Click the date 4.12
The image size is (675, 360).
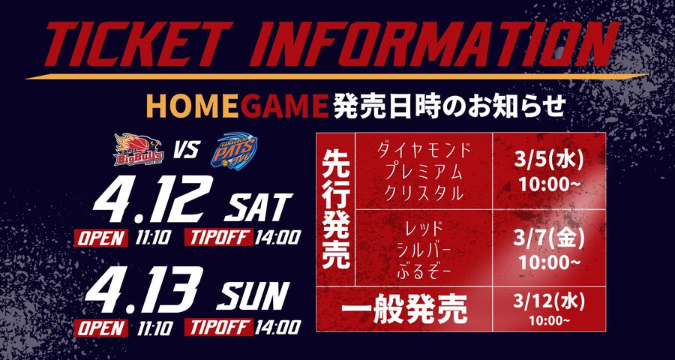(x=147, y=200)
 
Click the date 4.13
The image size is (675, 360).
(x=147, y=290)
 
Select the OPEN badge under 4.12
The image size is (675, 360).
(x=102, y=238)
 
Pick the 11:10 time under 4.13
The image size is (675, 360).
(x=155, y=328)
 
